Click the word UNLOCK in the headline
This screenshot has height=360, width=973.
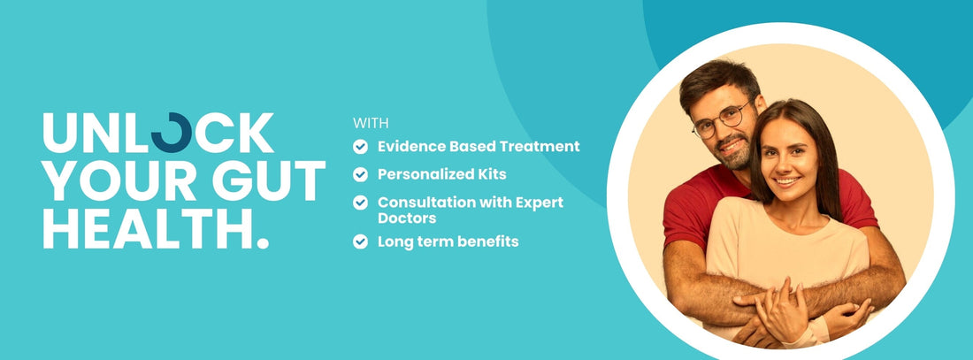click(158, 133)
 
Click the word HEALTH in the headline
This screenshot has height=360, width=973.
click(146, 228)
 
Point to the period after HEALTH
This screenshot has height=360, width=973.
click(263, 242)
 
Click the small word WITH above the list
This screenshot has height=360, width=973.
click(371, 123)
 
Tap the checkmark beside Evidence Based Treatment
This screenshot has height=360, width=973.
click(360, 147)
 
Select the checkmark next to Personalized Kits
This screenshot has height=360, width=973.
click(360, 174)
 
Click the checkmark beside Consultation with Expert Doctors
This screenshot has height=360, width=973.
click(360, 203)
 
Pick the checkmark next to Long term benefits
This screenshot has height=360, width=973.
click(360, 241)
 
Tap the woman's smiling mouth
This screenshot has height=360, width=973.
click(787, 180)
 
